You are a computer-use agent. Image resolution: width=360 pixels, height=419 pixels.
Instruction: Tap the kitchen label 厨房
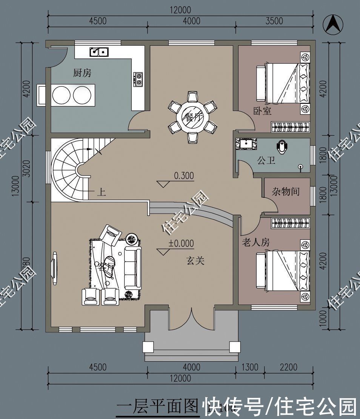coord(82,73)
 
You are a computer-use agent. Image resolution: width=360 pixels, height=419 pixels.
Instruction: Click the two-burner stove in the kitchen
coord(138,79)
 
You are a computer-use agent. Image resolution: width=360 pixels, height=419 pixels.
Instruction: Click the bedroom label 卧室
coord(262,111)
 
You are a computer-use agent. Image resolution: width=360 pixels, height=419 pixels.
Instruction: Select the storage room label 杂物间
coord(286,191)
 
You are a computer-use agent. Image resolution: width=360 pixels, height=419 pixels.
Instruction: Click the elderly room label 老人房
coord(255,242)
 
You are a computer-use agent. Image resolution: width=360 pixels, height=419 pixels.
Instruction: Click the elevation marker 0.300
coord(184,176)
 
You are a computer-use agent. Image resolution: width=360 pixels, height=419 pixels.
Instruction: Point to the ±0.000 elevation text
coord(181,243)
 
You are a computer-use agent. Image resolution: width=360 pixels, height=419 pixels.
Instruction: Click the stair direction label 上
coord(101,193)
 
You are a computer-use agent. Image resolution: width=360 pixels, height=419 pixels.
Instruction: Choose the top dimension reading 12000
coord(180,10)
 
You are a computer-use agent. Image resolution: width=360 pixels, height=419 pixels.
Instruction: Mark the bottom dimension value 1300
coord(249,367)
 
